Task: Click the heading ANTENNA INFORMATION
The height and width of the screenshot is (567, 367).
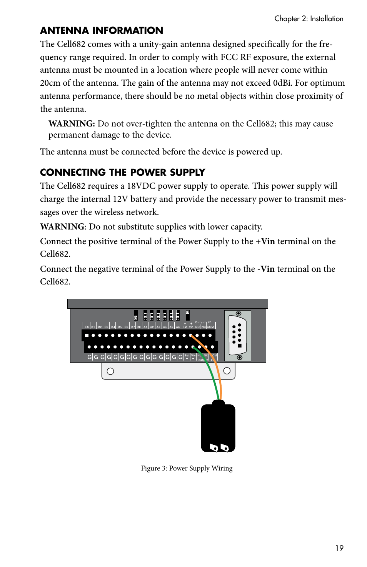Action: pyautogui.click(x=102, y=31)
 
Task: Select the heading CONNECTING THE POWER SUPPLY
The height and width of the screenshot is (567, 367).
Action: pyautogui.click(x=122, y=172)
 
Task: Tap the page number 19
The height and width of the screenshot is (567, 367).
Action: pyautogui.click(x=339, y=548)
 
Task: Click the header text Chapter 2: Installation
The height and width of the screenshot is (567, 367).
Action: pyautogui.click(x=309, y=18)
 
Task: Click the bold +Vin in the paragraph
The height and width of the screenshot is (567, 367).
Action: pyautogui.click(x=265, y=241)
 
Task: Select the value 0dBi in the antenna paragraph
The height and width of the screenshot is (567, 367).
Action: pyautogui.click(x=282, y=83)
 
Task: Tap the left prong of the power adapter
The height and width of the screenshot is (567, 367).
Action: pyautogui.click(x=214, y=447)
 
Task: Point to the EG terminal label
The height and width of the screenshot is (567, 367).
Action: pyautogui.click(x=87, y=327)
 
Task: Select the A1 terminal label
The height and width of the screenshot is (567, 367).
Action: pyautogui.click(x=145, y=327)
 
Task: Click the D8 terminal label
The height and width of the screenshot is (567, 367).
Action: pyautogui.click(x=139, y=327)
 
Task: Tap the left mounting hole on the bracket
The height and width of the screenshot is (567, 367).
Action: pyautogui.click(x=110, y=371)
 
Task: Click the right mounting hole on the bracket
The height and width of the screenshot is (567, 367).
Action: pyautogui.click(x=227, y=371)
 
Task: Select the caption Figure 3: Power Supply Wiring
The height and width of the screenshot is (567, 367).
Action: pyautogui.click(x=187, y=468)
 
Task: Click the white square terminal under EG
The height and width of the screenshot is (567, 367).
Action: pyautogui.click(x=87, y=336)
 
